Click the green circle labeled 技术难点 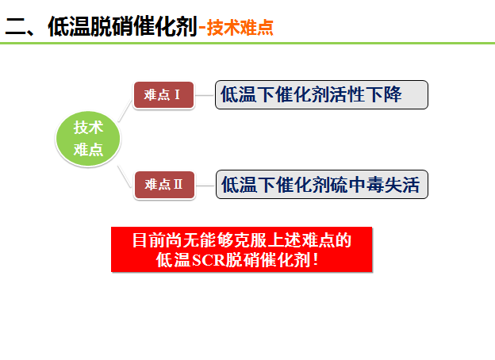[88, 139]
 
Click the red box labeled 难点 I [163, 95]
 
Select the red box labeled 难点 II [163, 185]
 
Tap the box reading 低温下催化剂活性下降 [321, 95]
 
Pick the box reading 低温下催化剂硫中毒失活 [321, 185]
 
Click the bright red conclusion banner [241, 249]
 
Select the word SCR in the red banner [208, 259]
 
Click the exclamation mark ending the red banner [317, 259]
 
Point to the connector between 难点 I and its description [205, 95]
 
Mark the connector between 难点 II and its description [205, 185]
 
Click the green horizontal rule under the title [247, 43]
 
